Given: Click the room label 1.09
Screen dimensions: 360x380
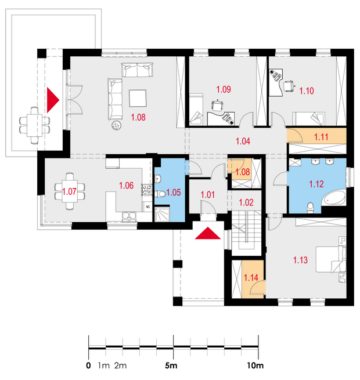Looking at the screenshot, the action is pyautogui.click(x=224, y=89).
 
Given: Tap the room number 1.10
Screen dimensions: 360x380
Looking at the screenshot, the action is pyautogui.click(x=307, y=91).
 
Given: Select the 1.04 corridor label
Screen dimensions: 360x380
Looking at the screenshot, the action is pyautogui.click(x=243, y=141).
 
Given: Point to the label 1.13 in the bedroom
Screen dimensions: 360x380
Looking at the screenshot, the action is pyautogui.click(x=300, y=260).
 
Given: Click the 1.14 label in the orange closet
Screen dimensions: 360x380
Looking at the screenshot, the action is pyautogui.click(x=251, y=278).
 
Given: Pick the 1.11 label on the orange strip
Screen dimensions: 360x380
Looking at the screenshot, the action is pyautogui.click(x=321, y=137).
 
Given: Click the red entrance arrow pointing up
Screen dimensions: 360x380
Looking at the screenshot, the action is pyautogui.click(x=208, y=233).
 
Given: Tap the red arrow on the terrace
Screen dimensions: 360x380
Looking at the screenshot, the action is pyautogui.click(x=53, y=100).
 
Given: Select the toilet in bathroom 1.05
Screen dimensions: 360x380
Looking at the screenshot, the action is pyautogui.click(x=160, y=194).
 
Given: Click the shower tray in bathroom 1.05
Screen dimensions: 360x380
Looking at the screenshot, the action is pyautogui.click(x=163, y=214).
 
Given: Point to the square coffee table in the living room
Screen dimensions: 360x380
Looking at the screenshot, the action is pyautogui.click(x=138, y=98).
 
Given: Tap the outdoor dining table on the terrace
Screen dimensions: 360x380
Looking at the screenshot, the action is pyautogui.click(x=34, y=125).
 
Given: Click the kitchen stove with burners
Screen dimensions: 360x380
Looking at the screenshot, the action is pyautogui.click(x=146, y=190).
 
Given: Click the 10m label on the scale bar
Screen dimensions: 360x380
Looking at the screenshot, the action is pyautogui.click(x=255, y=365).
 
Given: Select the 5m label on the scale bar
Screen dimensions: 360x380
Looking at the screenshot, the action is pyautogui.click(x=171, y=365).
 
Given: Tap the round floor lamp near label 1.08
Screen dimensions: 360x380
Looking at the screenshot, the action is pyautogui.click(x=117, y=125).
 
